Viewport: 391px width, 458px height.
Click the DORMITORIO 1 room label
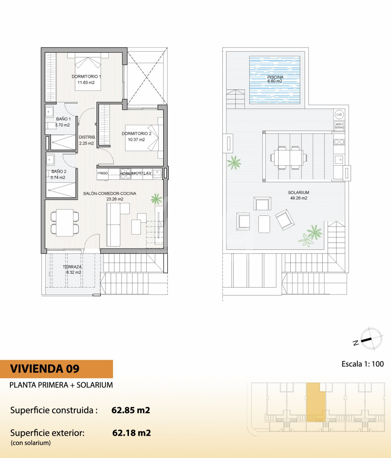86,76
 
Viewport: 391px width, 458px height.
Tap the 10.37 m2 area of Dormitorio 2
136,140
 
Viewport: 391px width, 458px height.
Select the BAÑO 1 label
63,119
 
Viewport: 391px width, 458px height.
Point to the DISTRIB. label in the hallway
87,137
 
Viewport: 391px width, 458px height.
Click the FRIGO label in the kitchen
103,173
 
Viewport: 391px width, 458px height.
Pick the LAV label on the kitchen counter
147,173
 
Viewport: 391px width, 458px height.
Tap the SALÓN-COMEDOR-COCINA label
110,193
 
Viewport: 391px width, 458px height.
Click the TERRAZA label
72,267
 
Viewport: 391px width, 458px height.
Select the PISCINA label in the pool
275,77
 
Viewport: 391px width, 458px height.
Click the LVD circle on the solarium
339,114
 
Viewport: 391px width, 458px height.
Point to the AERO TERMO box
339,126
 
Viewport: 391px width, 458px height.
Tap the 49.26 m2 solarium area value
299,198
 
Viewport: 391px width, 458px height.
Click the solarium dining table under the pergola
288,158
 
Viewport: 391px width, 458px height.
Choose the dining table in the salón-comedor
64,223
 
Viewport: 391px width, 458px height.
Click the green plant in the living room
157,199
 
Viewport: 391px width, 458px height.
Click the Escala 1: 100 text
363,364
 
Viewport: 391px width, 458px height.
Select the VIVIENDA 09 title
45,369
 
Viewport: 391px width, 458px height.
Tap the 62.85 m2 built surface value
131,410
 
